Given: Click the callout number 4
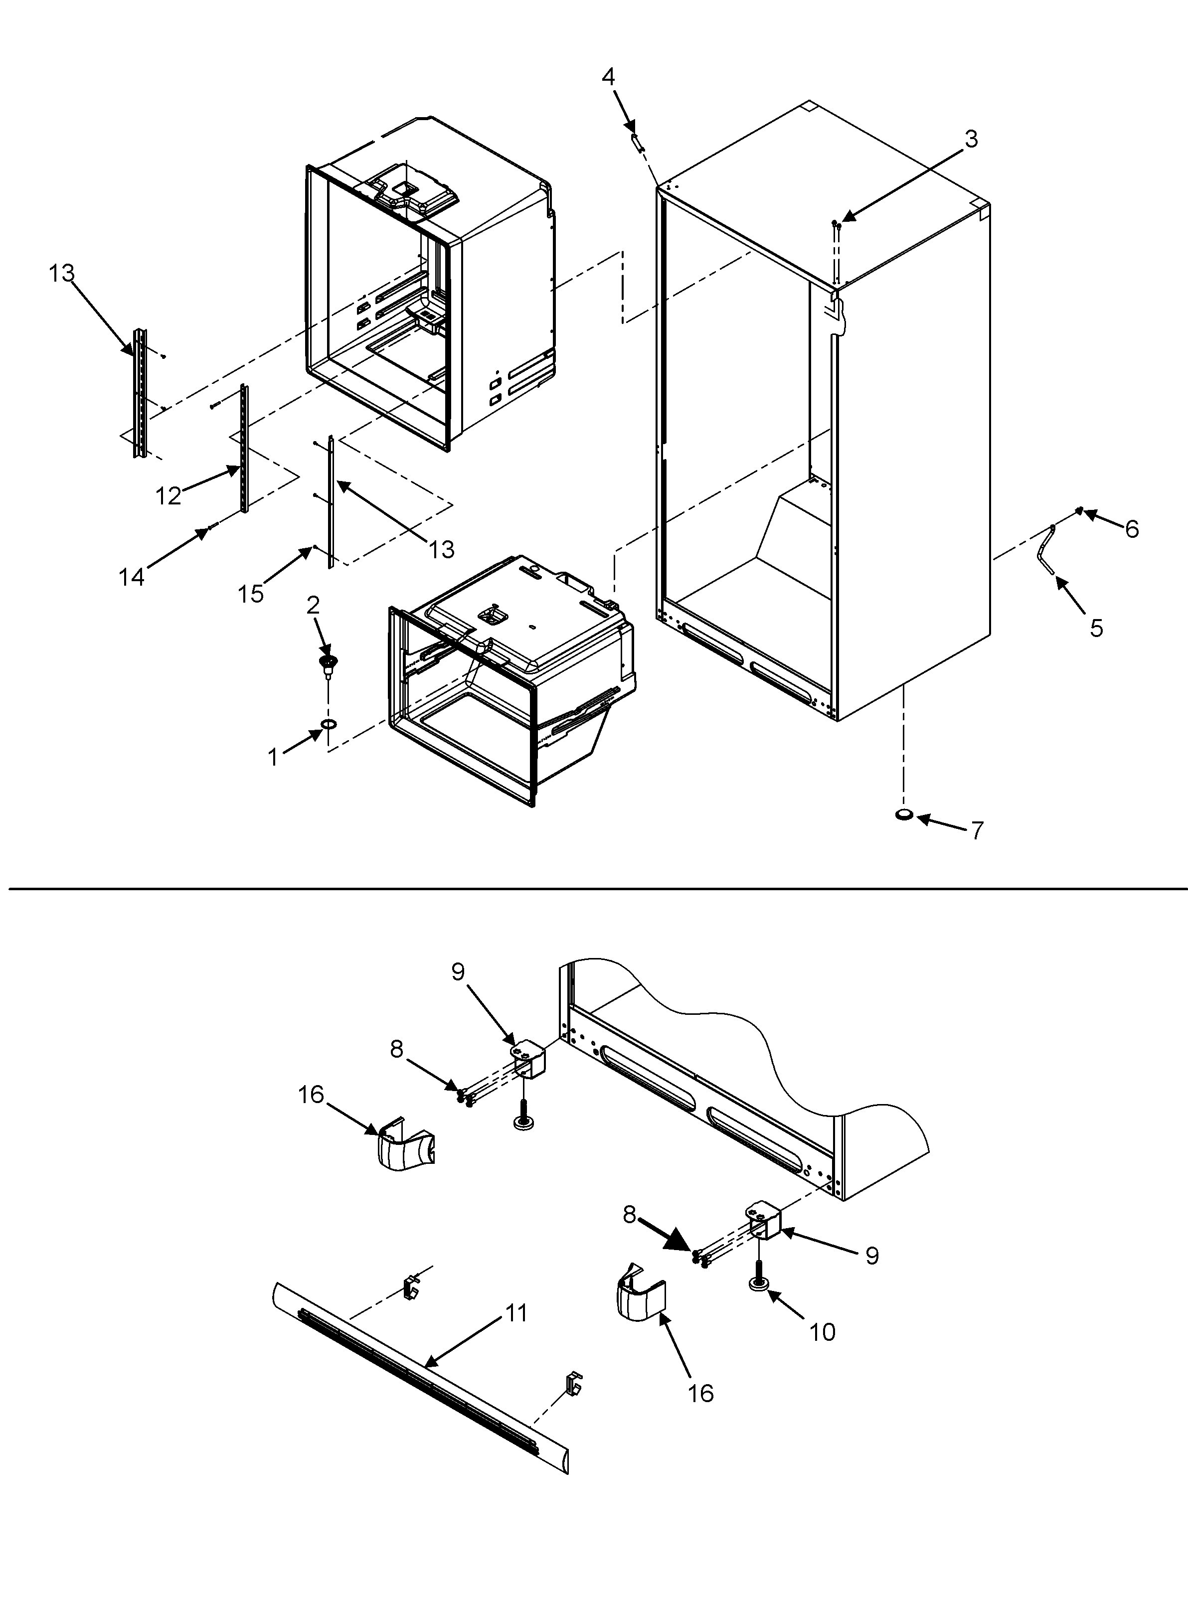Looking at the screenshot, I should click(x=608, y=77).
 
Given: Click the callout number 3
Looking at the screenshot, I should click(x=971, y=139).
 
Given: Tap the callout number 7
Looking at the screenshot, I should click(x=977, y=830).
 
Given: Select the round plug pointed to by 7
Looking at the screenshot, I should click(x=904, y=814).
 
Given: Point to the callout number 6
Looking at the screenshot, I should click(x=1132, y=529).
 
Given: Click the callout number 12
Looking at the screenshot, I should click(x=169, y=495).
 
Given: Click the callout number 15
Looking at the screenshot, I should click(x=251, y=594).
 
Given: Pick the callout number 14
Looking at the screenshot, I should click(x=132, y=577).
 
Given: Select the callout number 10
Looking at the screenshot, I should click(x=822, y=1332).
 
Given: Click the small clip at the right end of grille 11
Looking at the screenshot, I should click(x=574, y=1383).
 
